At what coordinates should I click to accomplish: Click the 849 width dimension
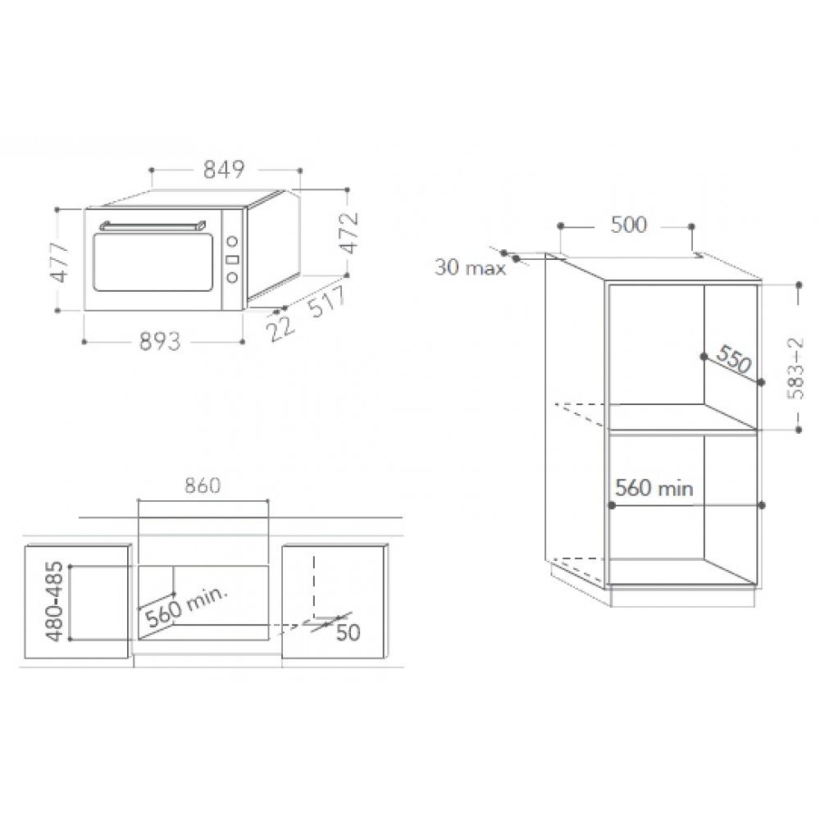224,170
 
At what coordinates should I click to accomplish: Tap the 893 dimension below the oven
160,341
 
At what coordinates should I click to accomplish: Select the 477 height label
58,262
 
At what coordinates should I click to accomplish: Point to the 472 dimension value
348,233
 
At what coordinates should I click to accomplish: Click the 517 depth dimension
327,302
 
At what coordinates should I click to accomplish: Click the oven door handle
153,226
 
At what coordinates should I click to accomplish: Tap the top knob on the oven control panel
232,241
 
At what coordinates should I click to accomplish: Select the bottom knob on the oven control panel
232,277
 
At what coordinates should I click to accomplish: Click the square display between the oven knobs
232,259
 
